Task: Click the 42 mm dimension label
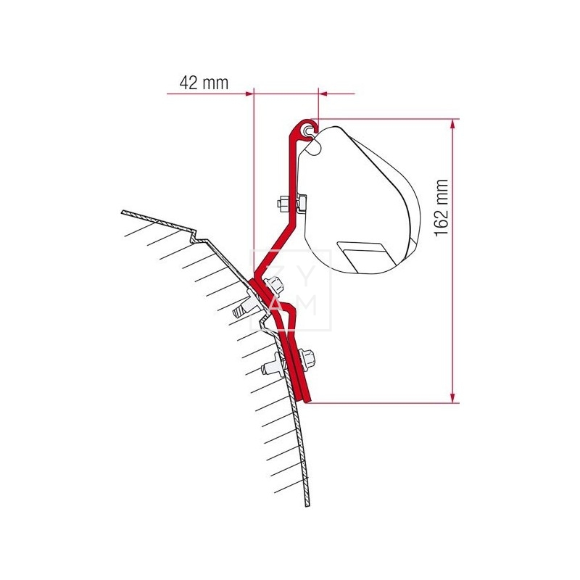pos(204,83)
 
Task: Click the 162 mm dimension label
pos(442,207)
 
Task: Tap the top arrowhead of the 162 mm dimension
pos(452,124)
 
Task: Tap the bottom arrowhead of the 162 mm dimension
pos(452,397)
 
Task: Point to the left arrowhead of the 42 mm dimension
pos(248,94)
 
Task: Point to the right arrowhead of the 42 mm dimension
pos(323,94)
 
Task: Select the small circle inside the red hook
pos(307,130)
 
